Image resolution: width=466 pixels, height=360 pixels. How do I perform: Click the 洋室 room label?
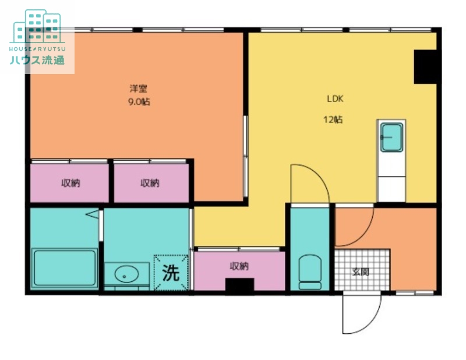tap(139, 89)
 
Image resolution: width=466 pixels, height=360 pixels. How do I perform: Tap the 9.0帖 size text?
tap(139, 102)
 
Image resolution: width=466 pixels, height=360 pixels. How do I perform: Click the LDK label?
tap(336, 98)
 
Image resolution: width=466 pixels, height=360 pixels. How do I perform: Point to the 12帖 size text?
tap(333, 119)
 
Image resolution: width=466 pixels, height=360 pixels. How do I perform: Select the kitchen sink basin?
tap(391, 137)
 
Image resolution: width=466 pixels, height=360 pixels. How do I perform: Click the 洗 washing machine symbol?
tap(171, 272)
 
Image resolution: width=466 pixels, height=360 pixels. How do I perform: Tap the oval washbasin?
tap(126, 274)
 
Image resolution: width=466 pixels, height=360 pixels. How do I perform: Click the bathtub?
tap(64, 269)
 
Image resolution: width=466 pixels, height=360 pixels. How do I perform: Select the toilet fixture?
tap(310, 271)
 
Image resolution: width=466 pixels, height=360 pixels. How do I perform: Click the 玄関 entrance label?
tap(361, 271)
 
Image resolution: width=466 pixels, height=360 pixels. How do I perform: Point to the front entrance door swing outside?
tap(362, 313)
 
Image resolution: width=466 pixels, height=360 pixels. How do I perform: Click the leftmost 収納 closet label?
tap(70, 183)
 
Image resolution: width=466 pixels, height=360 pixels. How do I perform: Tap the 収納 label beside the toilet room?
tap(239, 266)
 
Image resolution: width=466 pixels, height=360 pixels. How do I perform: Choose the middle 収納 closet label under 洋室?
tap(150, 183)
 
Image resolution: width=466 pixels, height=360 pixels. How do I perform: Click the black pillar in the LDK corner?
tap(425, 67)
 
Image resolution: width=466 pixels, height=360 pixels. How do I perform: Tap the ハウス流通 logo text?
tap(37, 60)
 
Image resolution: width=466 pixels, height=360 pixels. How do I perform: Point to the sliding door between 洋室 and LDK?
tap(245, 156)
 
